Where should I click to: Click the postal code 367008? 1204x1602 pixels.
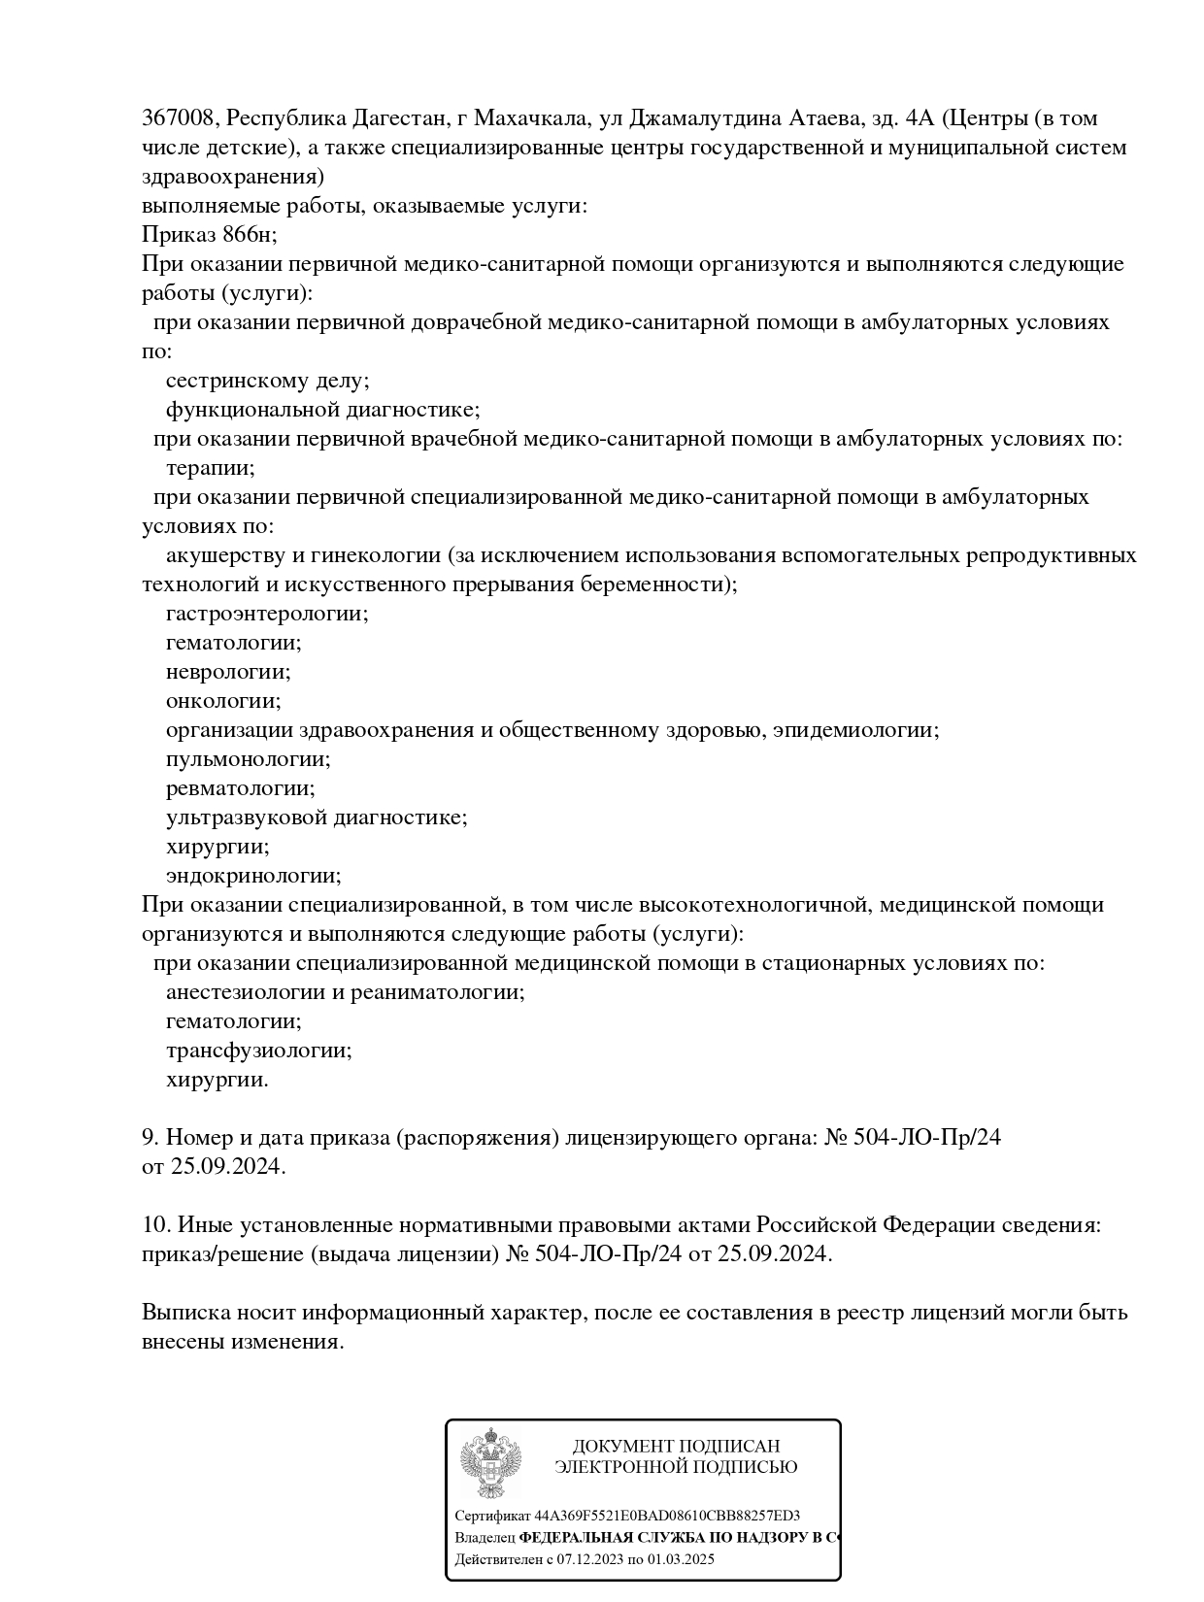(181, 118)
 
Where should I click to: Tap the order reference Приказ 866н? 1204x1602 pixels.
(209, 235)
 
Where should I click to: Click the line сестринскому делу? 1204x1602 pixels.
(267, 381)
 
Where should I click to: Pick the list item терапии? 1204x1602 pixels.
(210, 468)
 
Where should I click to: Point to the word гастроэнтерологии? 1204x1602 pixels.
(267, 614)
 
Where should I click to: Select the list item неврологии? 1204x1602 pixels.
(228, 672)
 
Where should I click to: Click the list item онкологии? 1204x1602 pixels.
(223, 701)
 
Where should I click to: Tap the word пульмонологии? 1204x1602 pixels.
(249, 759)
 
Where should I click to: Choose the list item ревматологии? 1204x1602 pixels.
(241, 788)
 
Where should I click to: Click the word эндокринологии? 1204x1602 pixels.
(253, 876)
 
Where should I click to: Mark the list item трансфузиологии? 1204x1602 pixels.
(258, 1051)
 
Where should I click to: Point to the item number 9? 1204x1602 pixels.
(150, 1137)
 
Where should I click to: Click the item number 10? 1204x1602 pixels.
(155, 1224)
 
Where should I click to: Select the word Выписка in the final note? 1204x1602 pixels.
(185, 1313)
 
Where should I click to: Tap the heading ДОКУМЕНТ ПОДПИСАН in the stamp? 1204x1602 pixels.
(676, 1447)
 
